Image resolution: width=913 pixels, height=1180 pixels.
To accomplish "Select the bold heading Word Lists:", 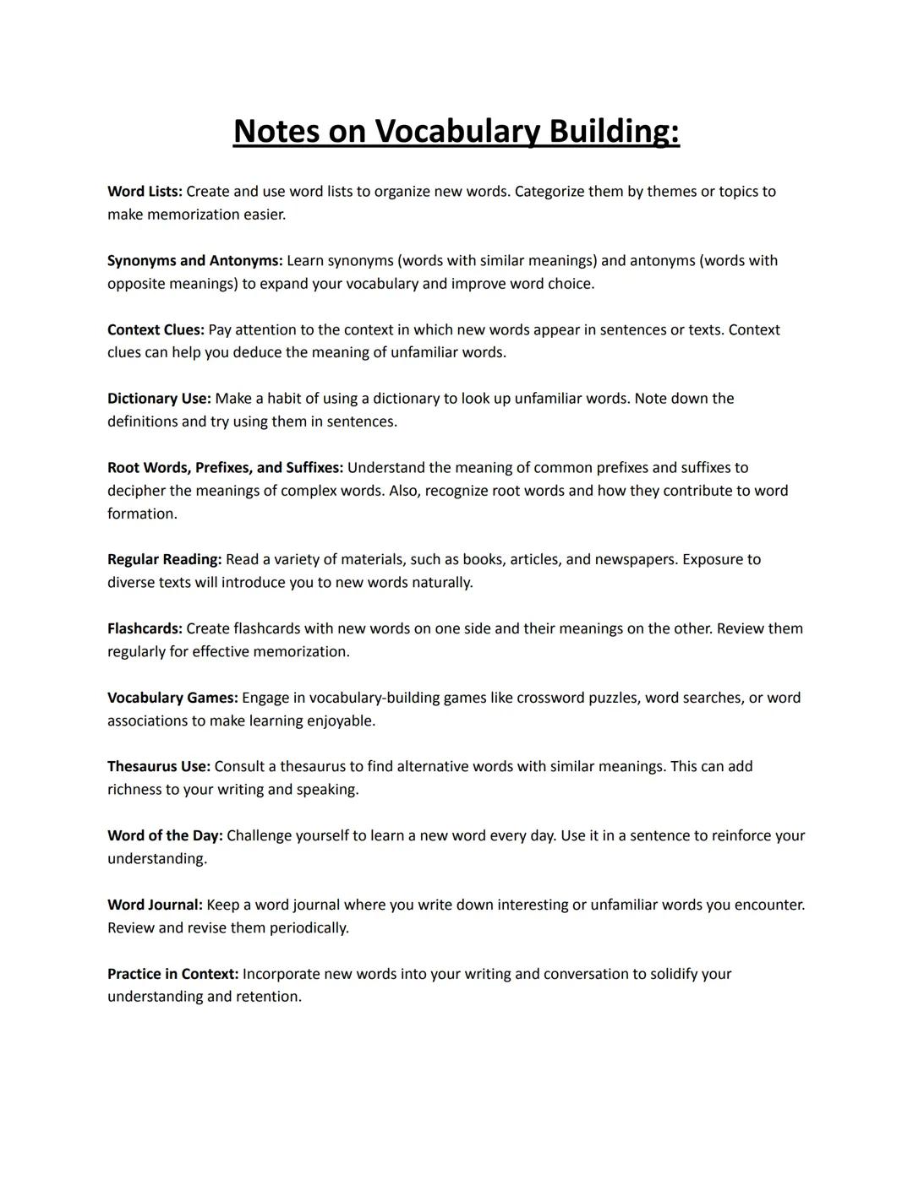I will coord(145,192).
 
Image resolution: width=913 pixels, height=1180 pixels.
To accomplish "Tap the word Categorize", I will coord(549,192).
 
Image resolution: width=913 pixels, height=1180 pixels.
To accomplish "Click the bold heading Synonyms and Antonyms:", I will coord(194,261).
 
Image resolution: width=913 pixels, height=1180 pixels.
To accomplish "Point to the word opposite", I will coord(136,284).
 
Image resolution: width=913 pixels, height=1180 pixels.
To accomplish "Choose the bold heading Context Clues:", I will coord(156,330).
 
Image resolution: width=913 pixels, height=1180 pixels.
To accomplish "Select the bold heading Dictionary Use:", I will coord(159,399).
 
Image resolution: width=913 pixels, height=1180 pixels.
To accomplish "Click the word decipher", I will coord(136,491).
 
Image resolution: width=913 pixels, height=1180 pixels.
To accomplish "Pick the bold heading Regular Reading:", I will coord(164,560).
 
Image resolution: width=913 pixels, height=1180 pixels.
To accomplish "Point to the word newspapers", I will coord(636,560).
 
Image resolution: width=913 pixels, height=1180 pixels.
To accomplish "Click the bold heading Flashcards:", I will coord(145,629).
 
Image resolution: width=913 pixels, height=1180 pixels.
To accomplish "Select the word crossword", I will coord(550,699).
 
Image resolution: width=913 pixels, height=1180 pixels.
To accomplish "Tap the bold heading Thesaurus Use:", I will coord(158,767).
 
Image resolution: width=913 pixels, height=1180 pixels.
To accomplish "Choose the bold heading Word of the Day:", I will coord(165,836).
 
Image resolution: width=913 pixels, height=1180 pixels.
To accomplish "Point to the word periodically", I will coord(309,928).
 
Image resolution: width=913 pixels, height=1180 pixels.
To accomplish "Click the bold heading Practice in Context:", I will coord(172,975).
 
